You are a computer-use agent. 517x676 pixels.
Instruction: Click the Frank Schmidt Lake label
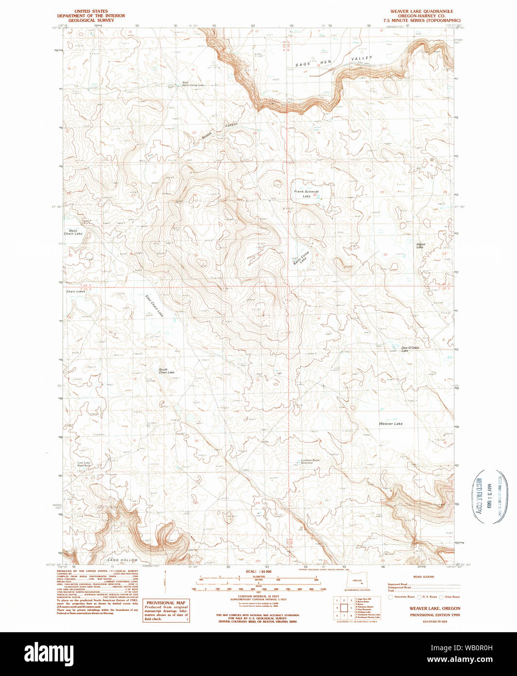coord(306,194)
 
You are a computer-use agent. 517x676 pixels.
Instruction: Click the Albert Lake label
coord(420,246)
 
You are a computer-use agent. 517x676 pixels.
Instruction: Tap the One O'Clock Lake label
coord(410,349)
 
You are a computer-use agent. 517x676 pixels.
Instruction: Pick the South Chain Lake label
coord(166,371)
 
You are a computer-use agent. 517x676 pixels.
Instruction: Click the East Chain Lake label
coord(154,306)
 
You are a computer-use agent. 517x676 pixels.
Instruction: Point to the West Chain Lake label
coord(73,232)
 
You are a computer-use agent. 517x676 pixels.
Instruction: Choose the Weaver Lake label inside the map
coord(391,424)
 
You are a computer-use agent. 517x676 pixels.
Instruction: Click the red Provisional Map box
coord(166,610)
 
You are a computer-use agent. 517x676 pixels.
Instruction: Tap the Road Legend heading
coord(423,576)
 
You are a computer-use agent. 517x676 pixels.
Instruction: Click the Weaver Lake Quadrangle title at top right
coord(421,11)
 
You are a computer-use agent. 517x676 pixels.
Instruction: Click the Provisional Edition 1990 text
coord(428,615)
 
